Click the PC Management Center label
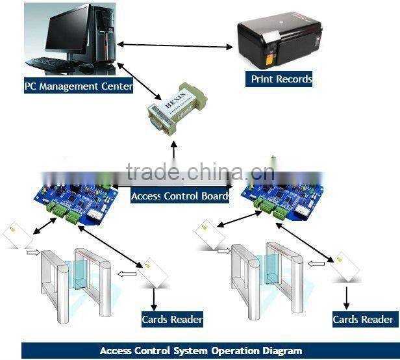[x=79, y=85]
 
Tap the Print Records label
[x=281, y=79]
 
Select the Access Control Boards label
[x=180, y=196]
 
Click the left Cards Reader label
[x=172, y=319]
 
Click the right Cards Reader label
[x=362, y=319]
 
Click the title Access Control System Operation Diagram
[x=201, y=351]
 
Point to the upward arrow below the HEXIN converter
[x=173, y=151]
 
